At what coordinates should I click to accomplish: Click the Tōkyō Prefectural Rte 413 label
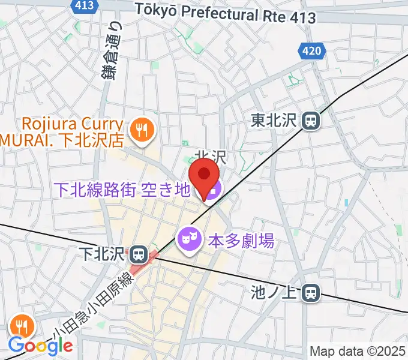[226, 12]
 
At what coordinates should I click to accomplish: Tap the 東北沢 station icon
[311, 121]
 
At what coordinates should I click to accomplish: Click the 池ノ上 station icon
[311, 293]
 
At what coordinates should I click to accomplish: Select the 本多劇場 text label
[241, 241]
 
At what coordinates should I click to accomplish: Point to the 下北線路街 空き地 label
[122, 190]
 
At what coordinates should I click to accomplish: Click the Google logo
[40, 346]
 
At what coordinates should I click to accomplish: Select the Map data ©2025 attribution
[358, 351]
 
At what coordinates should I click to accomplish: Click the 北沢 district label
[211, 157]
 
